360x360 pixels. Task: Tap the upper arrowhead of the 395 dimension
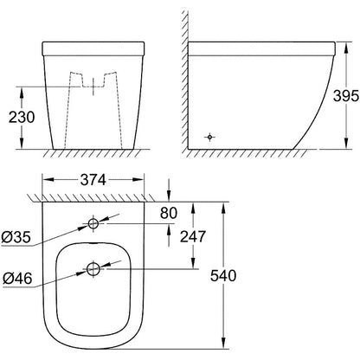[x=328, y=43]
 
